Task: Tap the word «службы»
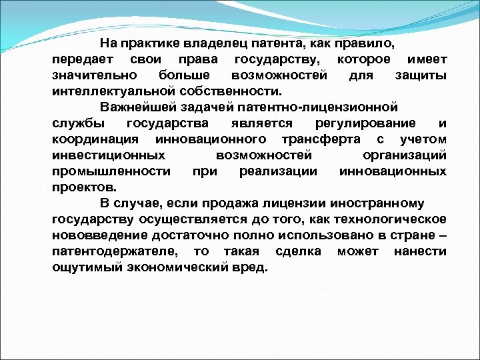75,124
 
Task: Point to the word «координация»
95,139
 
